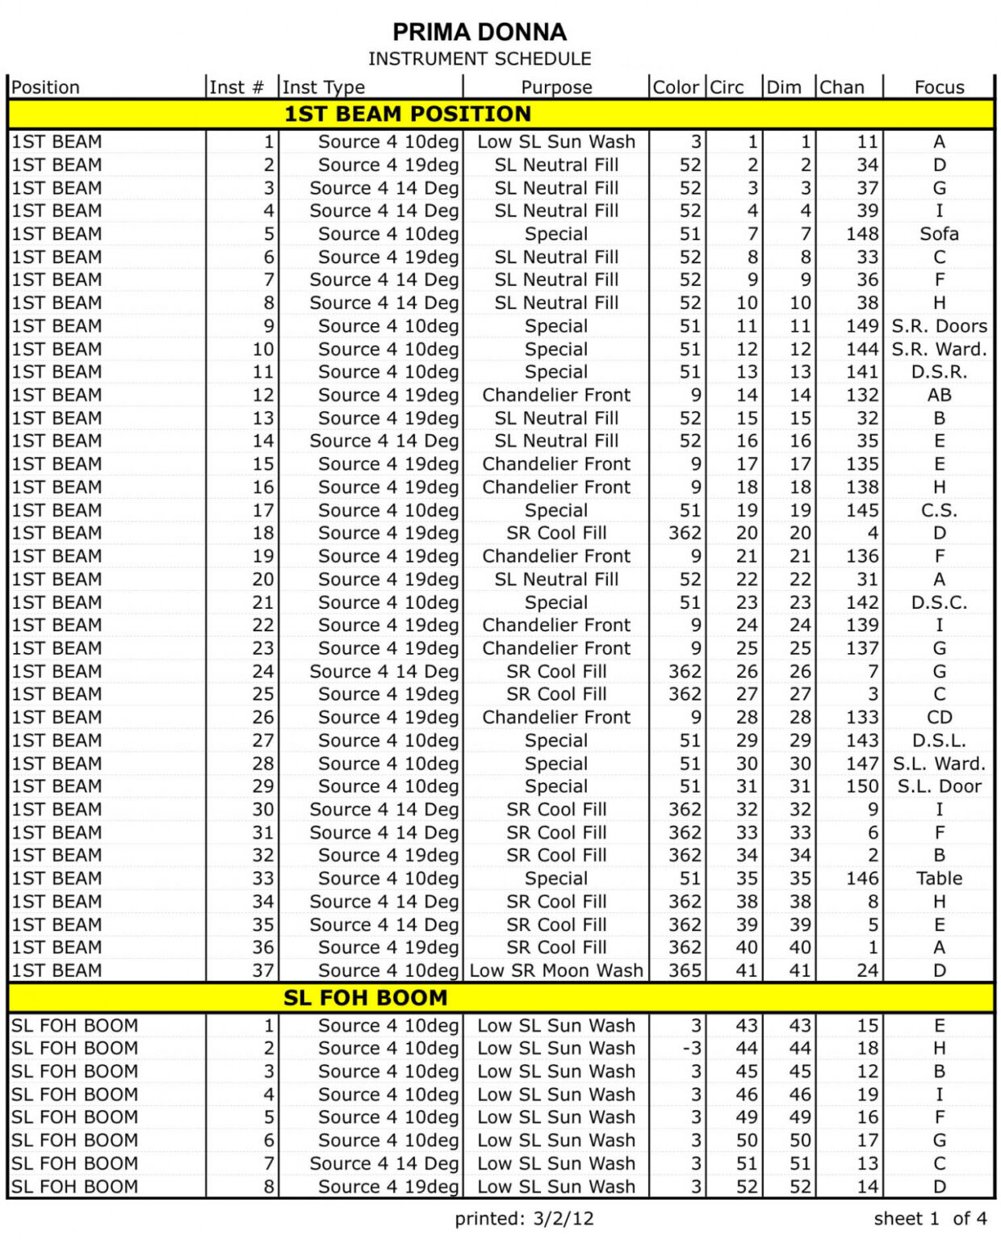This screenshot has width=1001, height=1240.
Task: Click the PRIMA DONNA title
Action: (480, 32)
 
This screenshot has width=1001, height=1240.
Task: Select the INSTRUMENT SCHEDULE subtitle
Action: (480, 59)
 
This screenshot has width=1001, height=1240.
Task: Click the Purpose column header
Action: (556, 87)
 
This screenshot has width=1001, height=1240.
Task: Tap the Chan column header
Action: (842, 87)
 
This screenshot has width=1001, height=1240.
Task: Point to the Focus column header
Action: (939, 87)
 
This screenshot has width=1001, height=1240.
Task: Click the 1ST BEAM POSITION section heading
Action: (408, 114)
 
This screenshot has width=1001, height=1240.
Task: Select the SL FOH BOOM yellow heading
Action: (365, 998)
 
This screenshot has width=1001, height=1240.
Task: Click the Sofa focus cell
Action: (939, 234)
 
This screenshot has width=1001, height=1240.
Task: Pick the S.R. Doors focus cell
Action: (939, 326)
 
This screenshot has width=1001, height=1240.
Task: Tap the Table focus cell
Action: (939, 878)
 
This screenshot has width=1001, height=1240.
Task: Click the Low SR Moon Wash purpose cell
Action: (556, 970)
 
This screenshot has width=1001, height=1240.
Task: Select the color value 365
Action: (685, 970)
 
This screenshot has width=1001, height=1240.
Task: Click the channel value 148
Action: (862, 234)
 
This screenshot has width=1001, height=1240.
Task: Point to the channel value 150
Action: (862, 786)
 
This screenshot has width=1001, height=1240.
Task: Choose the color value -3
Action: (691, 1048)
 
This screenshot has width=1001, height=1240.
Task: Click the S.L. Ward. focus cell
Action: (939, 764)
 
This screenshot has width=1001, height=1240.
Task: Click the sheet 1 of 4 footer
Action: (929, 1218)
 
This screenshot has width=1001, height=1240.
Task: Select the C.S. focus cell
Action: (939, 510)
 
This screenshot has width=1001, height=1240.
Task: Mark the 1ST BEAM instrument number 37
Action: (263, 970)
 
